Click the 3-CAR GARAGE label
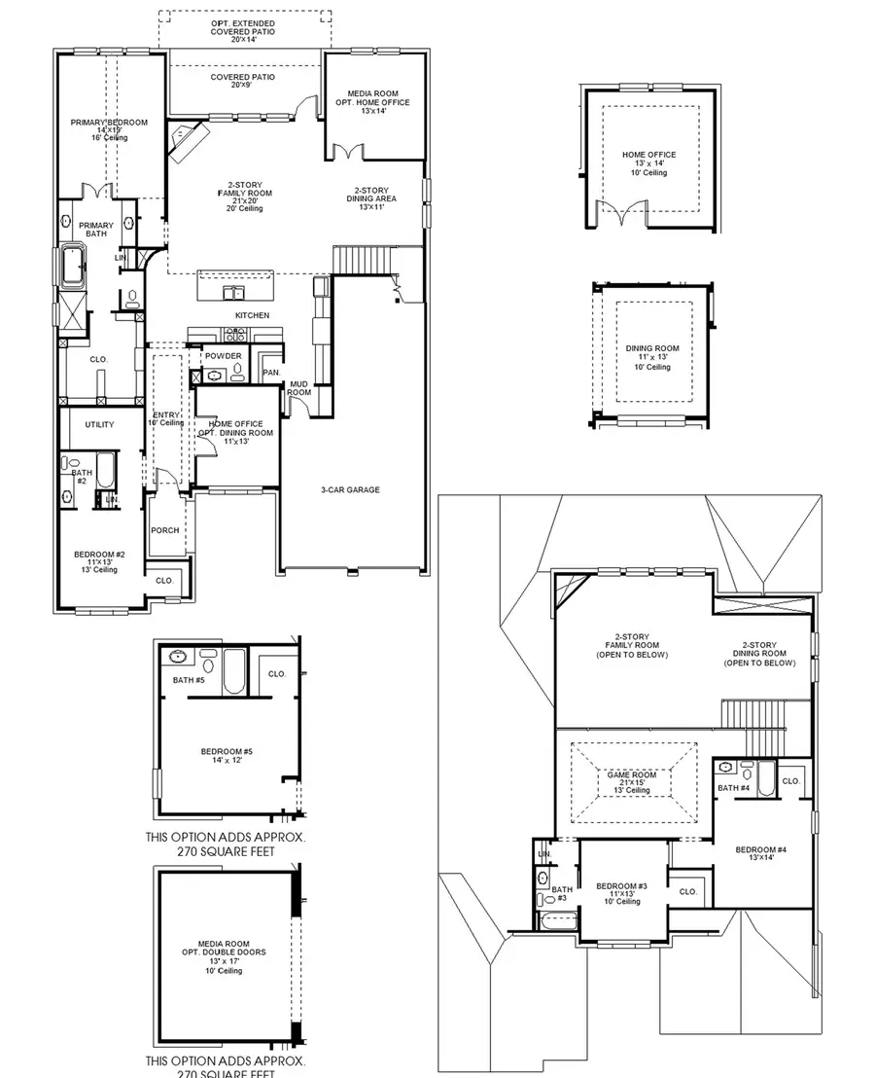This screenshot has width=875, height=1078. pyautogui.click(x=351, y=489)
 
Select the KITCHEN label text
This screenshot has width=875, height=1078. pyautogui.click(x=252, y=315)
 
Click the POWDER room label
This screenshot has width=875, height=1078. pyautogui.click(x=223, y=356)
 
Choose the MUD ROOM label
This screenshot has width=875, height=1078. pyautogui.click(x=298, y=388)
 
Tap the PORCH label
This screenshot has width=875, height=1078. pyautogui.click(x=164, y=530)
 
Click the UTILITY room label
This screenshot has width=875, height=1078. pyautogui.click(x=99, y=424)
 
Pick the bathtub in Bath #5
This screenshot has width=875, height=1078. pyautogui.click(x=234, y=673)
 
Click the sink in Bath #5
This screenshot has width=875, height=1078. pyautogui.click(x=178, y=656)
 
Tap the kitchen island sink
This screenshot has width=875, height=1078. pyautogui.click(x=233, y=292)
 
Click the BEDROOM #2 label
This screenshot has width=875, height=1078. pyautogui.click(x=99, y=561)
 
